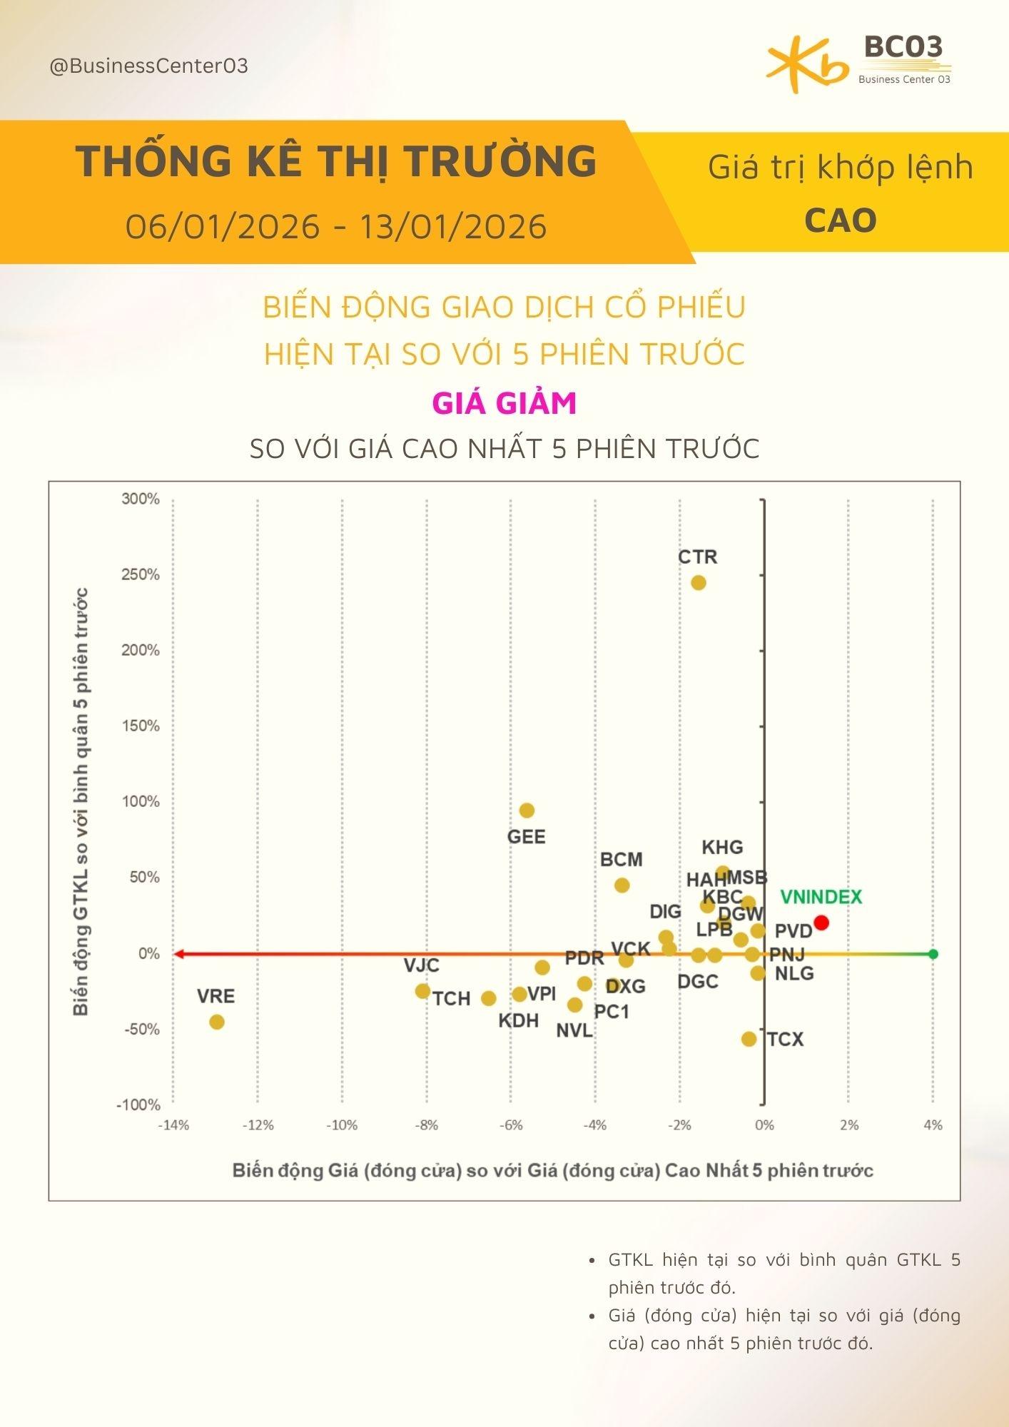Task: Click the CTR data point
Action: click(x=698, y=583)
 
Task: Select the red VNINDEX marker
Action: click(x=821, y=923)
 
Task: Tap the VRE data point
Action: click(x=217, y=1022)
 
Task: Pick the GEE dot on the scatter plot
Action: click(x=527, y=811)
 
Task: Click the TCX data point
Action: click(x=749, y=1039)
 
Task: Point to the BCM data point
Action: click(x=622, y=885)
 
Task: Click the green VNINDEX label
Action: click(x=821, y=897)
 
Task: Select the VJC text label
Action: click(x=422, y=966)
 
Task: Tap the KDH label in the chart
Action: click(x=518, y=1020)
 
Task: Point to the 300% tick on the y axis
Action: click(x=141, y=499)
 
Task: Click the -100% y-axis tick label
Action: click(x=138, y=1104)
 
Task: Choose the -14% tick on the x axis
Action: click(x=173, y=1125)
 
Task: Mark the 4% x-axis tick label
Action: click(x=933, y=1125)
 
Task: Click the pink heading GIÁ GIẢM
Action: click(x=504, y=403)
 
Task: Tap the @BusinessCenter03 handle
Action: click(x=148, y=66)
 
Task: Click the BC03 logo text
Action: click(x=903, y=47)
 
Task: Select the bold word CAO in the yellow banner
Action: click(x=840, y=220)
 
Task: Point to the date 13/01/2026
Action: click(x=453, y=227)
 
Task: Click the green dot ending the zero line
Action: click(x=933, y=954)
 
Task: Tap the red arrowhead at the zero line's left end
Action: click(x=178, y=954)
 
